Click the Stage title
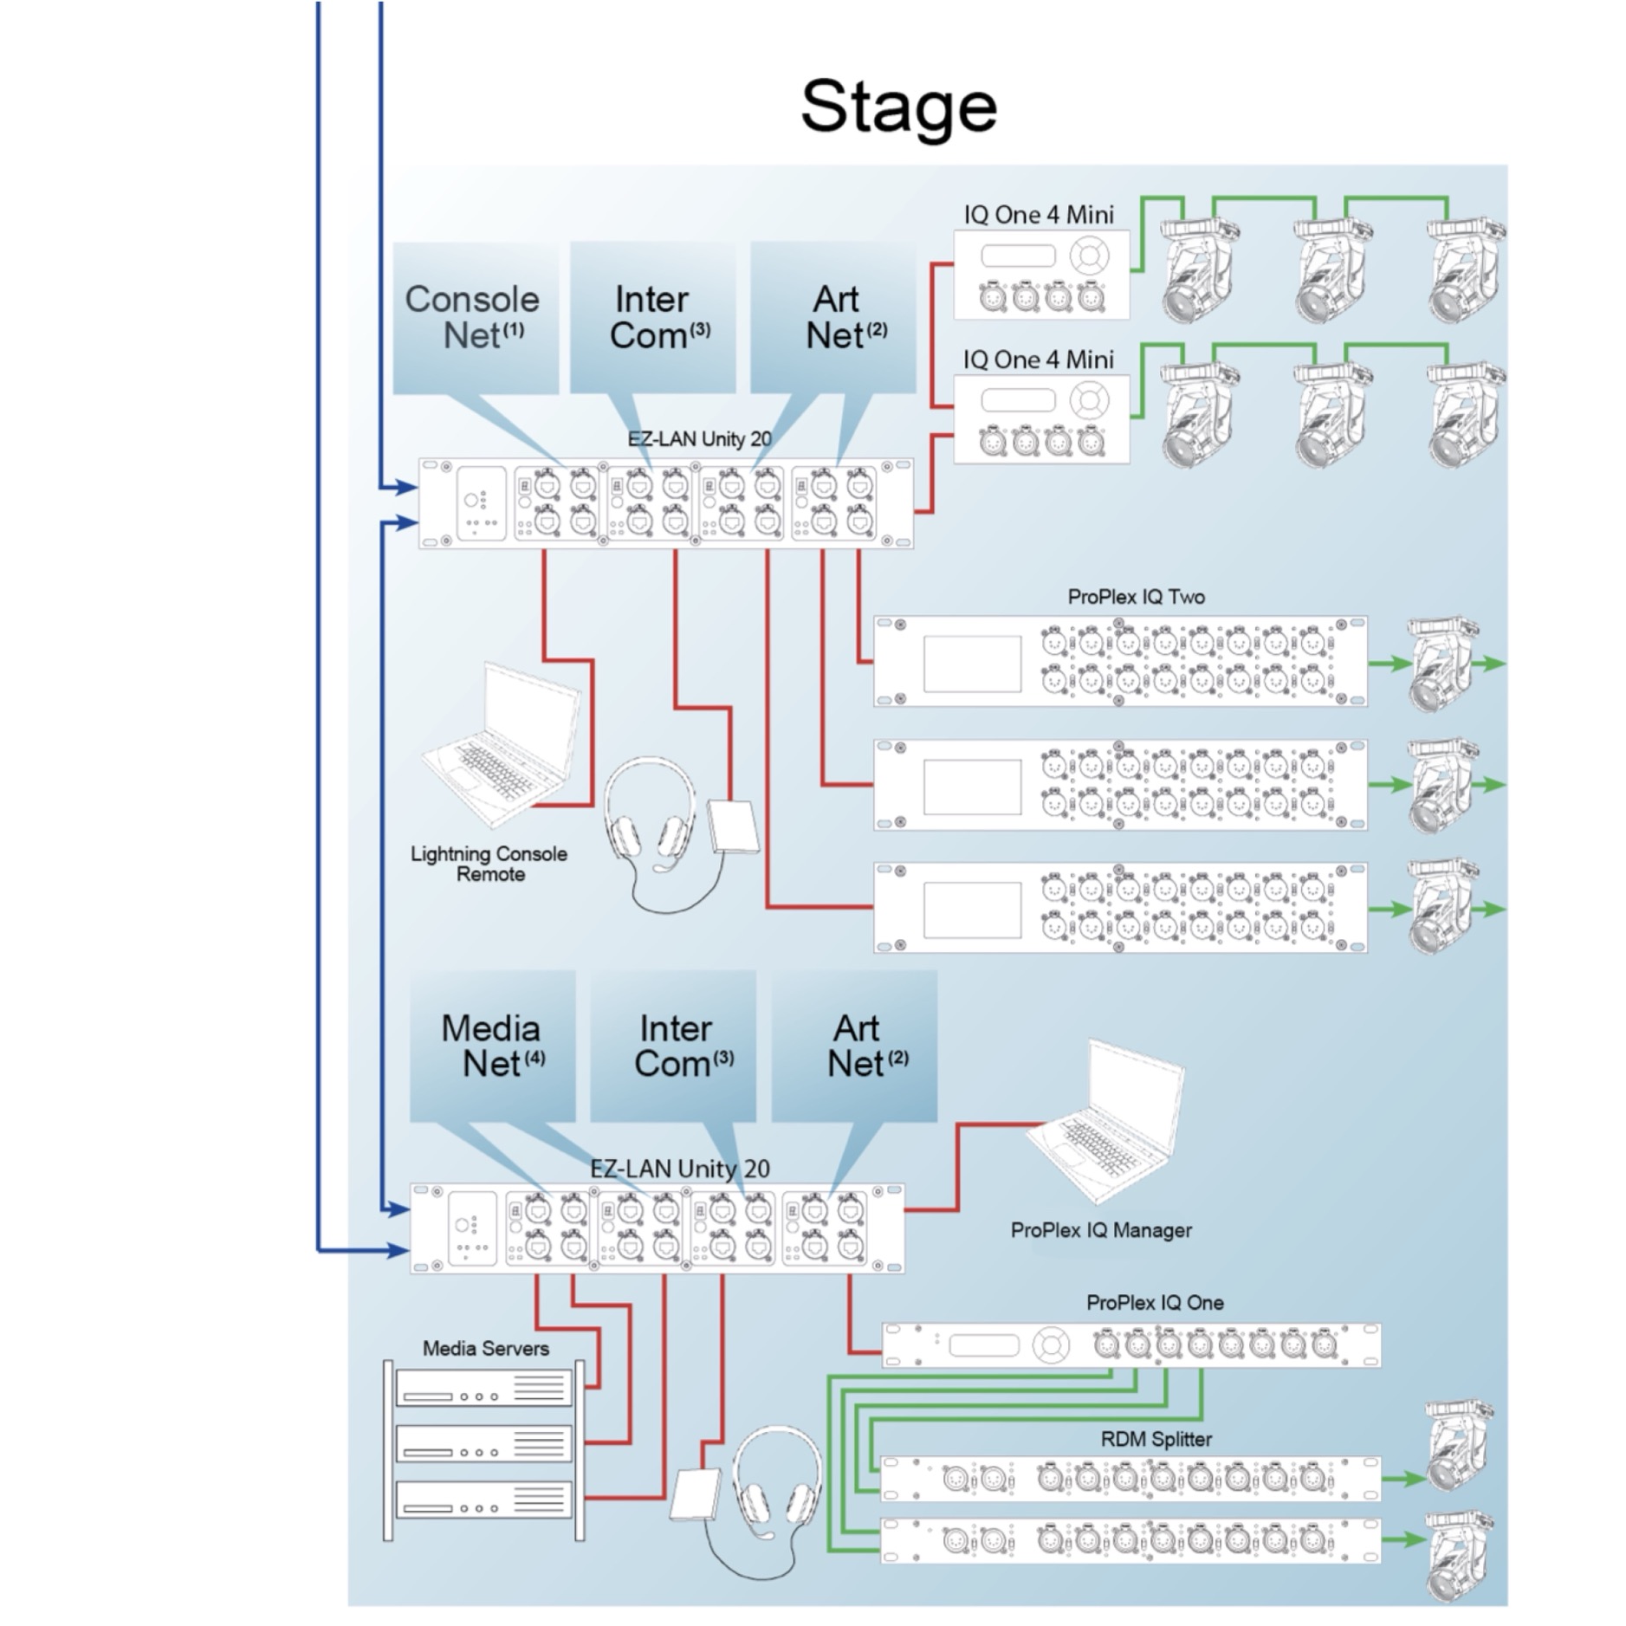click(x=898, y=107)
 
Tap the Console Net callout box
click(x=476, y=318)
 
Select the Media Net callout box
click(x=492, y=1046)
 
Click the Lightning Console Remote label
click(x=489, y=864)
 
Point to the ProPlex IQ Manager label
click(x=1101, y=1230)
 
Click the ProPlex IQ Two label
click(x=1136, y=597)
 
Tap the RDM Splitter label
click(x=1156, y=1439)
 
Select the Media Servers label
click(x=485, y=1348)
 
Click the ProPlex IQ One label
click(x=1155, y=1302)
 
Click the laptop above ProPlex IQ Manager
click(x=1105, y=1120)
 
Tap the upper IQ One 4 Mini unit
click(x=1041, y=275)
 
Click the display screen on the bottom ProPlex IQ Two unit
click(x=972, y=910)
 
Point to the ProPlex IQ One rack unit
click(x=1131, y=1345)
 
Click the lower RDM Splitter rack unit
click(x=1131, y=1541)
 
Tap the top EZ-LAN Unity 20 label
click(x=699, y=439)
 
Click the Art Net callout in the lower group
click(x=854, y=1046)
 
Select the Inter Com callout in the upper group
click(x=652, y=318)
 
